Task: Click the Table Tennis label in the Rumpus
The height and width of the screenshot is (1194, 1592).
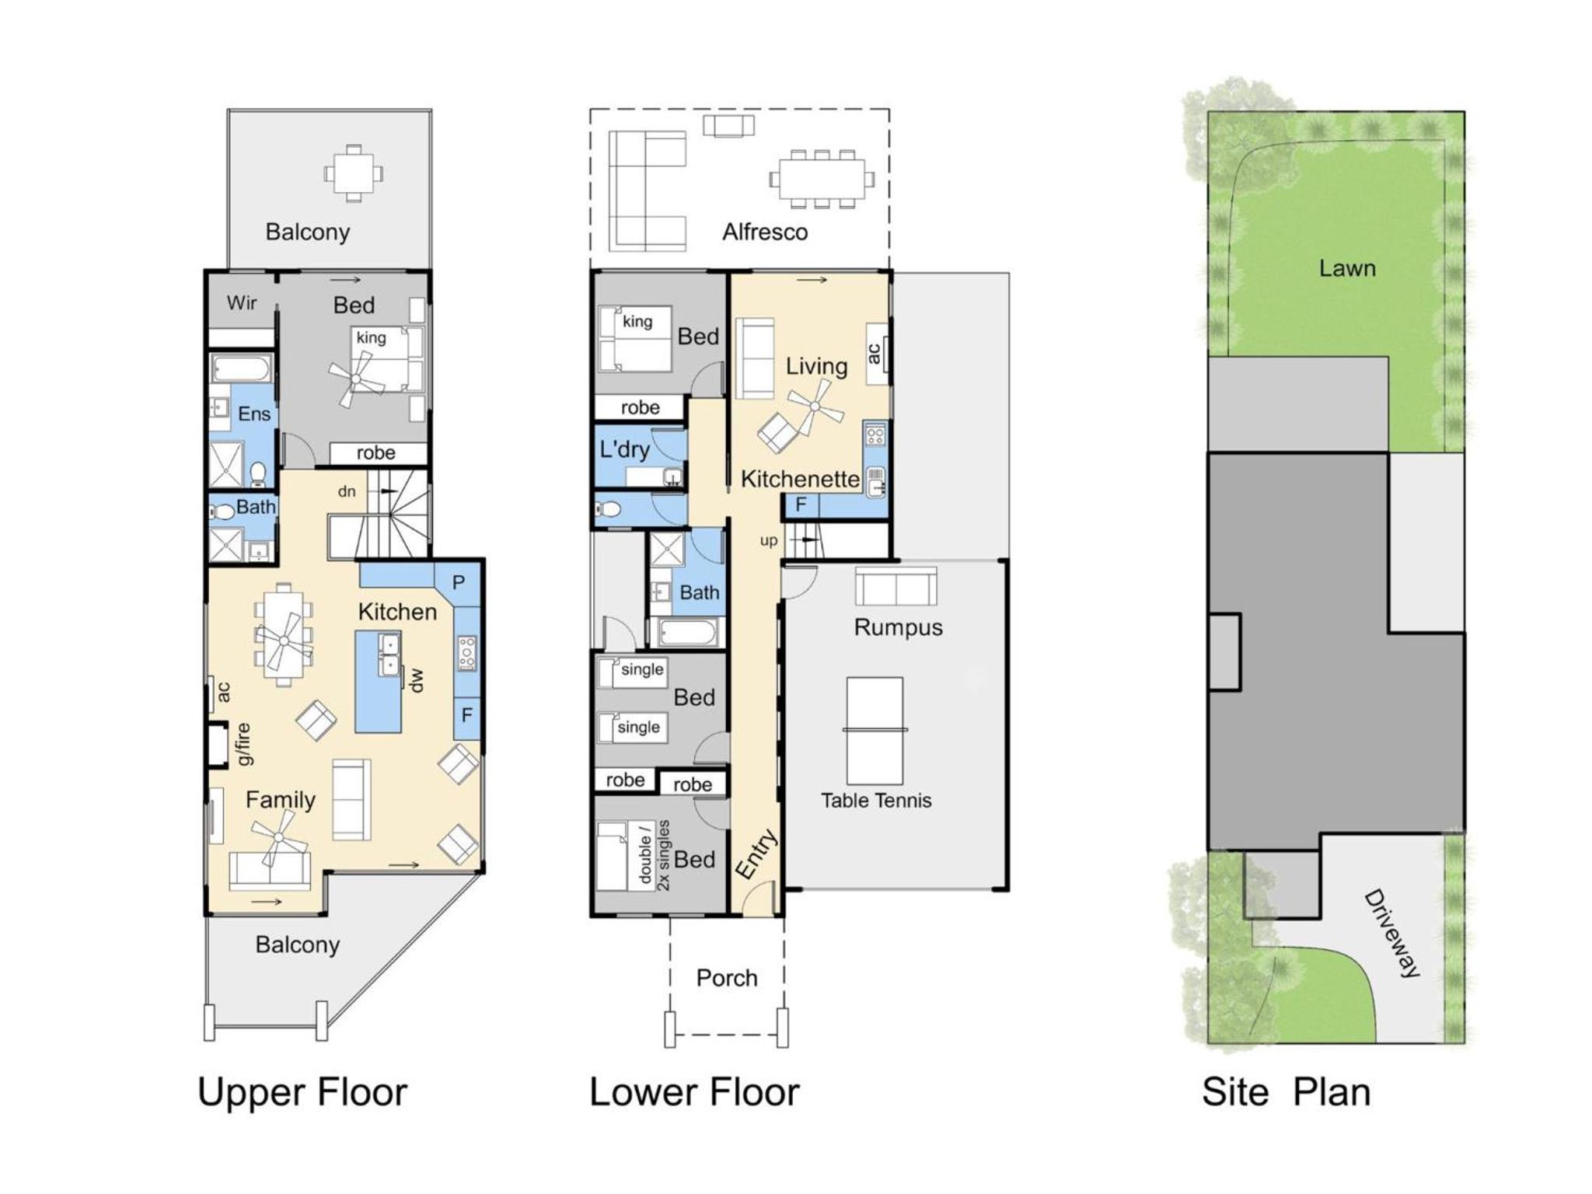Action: pos(876,801)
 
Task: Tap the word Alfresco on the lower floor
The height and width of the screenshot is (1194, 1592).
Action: pos(765,232)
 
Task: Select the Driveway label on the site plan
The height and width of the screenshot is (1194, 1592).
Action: pos(1392,933)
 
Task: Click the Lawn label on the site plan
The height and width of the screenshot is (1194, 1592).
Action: pos(1347,268)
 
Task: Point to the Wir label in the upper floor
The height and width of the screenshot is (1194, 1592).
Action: pos(242,302)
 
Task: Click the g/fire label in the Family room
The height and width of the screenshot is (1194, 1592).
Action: pos(243,744)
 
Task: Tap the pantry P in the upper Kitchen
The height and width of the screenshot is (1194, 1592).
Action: pos(459,582)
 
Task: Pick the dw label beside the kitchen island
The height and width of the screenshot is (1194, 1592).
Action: pos(417,679)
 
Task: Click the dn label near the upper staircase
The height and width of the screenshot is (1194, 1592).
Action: pos(347,491)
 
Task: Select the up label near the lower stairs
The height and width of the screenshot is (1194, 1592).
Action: pos(769,541)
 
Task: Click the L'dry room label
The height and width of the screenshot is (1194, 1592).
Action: pos(624,450)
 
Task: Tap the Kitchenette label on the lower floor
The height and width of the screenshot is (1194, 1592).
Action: pos(800,479)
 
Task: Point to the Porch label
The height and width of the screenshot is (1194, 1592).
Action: pos(727,978)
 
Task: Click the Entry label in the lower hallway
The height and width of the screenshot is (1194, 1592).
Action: pos(756,854)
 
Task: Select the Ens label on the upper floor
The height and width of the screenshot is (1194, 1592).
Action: pos(254,414)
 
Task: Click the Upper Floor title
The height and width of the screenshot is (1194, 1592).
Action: pos(302,1092)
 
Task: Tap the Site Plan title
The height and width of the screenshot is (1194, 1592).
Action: pos(1287,1092)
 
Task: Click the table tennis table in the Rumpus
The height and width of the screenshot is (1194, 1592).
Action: pos(875,731)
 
